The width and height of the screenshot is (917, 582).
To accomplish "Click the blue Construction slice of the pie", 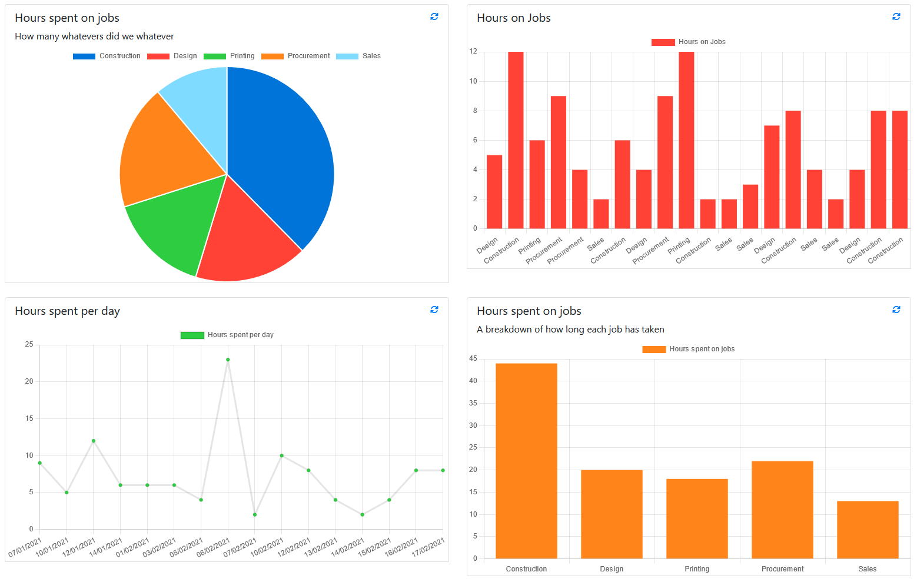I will pyautogui.click(x=277, y=159).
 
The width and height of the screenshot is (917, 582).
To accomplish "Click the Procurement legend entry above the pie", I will pyautogui.click(x=296, y=56).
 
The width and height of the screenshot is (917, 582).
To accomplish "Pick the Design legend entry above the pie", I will pyautogui.click(x=172, y=56).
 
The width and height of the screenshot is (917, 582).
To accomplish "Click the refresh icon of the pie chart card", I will pyautogui.click(x=434, y=16).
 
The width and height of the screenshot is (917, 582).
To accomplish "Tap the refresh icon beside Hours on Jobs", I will pyautogui.click(x=896, y=16).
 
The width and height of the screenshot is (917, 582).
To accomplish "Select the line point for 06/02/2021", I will pyautogui.click(x=228, y=360).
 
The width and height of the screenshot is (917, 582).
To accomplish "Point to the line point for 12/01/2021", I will pyautogui.click(x=94, y=441).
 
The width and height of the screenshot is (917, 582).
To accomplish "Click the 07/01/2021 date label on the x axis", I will pyautogui.click(x=25, y=547).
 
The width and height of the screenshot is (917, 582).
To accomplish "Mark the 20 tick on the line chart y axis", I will pyautogui.click(x=29, y=381).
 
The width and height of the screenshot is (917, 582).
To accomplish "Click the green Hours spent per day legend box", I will pyautogui.click(x=192, y=335).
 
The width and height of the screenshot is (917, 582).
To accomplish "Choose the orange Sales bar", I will pyautogui.click(x=868, y=530).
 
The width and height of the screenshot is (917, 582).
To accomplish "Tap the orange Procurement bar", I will pyautogui.click(x=782, y=510).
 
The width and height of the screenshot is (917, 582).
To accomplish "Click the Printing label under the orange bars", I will pyautogui.click(x=697, y=569).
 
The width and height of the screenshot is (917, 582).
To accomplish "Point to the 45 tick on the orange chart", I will pyautogui.click(x=473, y=358).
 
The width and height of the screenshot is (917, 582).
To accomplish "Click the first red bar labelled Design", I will pyautogui.click(x=494, y=192).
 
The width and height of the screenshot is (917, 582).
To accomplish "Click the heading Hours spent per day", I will pyautogui.click(x=67, y=311).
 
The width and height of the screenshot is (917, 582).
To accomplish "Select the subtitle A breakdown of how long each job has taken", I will pyautogui.click(x=570, y=330).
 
